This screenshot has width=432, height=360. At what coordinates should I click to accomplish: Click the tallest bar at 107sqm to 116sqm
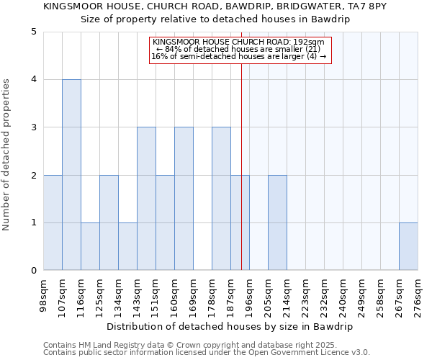coord(71,175)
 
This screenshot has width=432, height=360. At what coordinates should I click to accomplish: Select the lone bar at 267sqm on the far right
coord(408,246)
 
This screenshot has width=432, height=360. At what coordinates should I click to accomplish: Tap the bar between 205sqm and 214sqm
coord(277,222)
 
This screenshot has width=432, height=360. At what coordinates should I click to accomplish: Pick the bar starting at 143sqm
coord(146,199)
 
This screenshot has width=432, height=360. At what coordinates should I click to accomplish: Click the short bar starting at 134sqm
coord(127,246)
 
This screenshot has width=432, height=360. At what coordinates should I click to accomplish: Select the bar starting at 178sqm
coord(221,199)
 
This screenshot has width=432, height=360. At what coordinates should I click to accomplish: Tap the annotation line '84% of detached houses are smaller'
coord(238,49)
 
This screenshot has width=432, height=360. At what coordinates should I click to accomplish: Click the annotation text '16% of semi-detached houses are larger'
coord(238,56)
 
